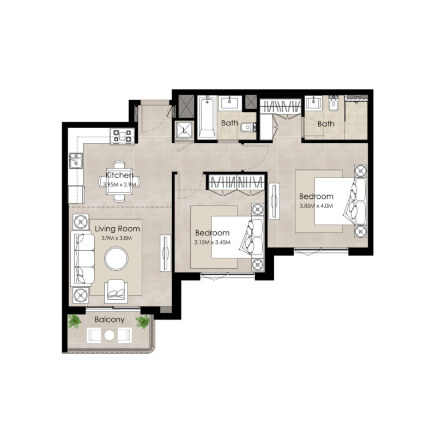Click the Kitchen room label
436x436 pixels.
tap(119, 175)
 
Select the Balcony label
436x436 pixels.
tap(110, 319)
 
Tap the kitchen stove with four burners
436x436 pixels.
tap(122, 136)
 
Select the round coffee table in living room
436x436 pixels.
tap(117, 259)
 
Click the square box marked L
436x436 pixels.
tap(184, 131)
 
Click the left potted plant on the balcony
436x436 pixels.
tap(75, 322)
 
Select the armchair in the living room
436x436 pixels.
tap(117, 289)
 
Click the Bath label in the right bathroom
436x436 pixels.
tap(326, 124)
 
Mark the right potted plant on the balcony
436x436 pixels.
tap(143, 322)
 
